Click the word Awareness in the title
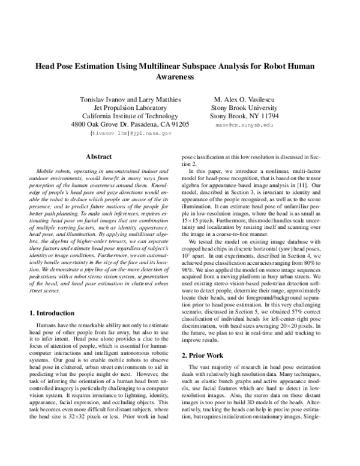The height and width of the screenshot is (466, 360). [180, 77]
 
